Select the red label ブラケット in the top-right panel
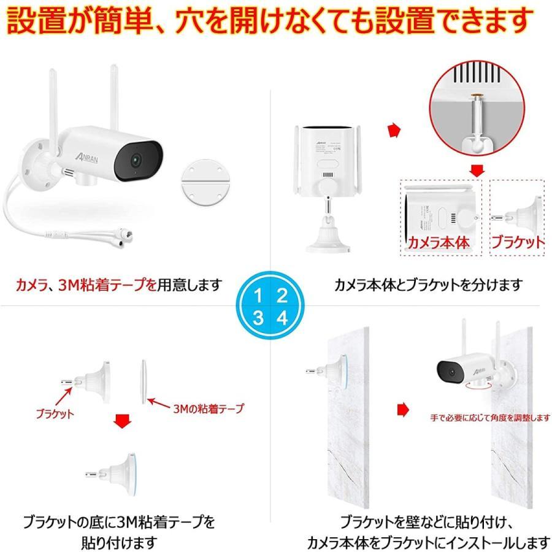point(517,242)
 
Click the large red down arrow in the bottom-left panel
point(123,421)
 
